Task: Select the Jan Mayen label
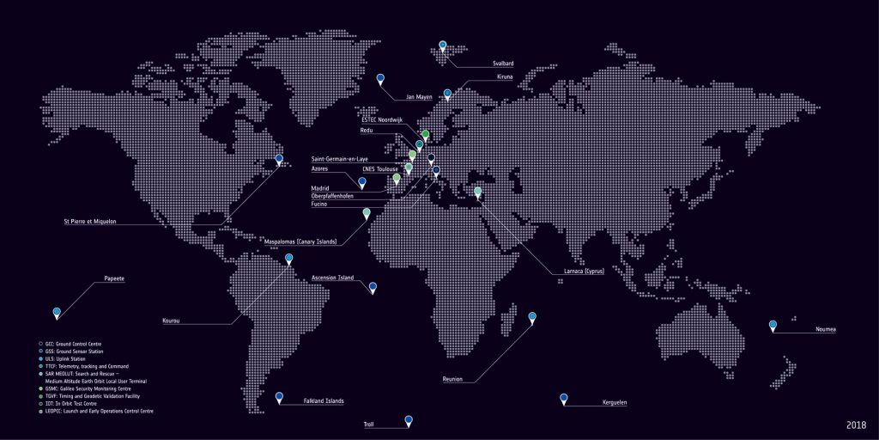click(x=419, y=97)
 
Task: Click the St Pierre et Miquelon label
click(x=90, y=222)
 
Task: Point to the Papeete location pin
click(x=57, y=313)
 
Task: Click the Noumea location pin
click(x=773, y=326)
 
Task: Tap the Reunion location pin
click(x=532, y=318)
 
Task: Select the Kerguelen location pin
click(x=564, y=399)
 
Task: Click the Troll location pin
click(x=409, y=421)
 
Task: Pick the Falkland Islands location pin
click(x=279, y=397)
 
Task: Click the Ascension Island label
click(x=332, y=278)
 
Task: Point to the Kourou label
click(x=172, y=321)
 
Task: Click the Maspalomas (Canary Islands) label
click(x=300, y=241)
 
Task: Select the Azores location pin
click(x=361, y=183)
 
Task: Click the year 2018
click(x=855, y=425)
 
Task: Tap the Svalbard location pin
click(x=443, y=46)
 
